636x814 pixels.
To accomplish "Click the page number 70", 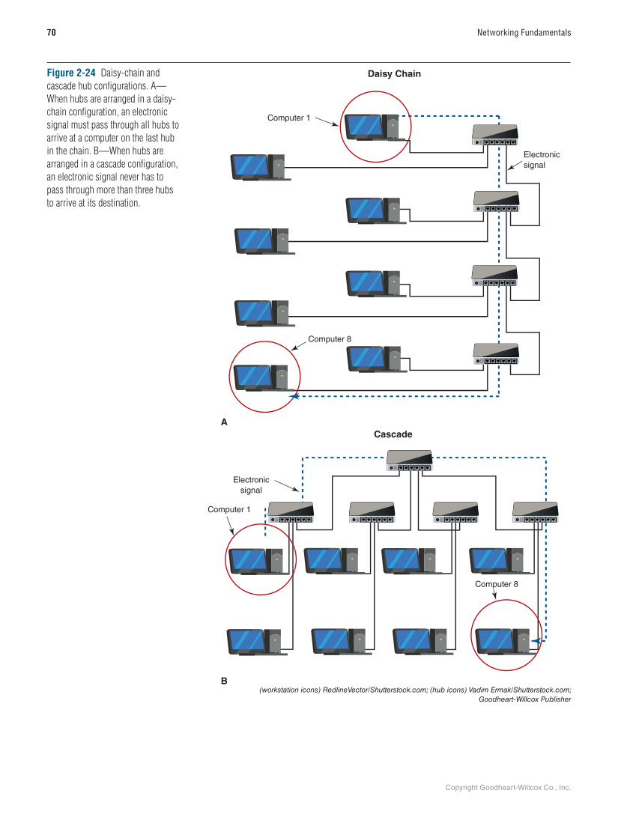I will pyautogui.click(x=51, y=33).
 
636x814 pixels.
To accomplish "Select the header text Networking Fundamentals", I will pyautogui.click(x=524, y=33).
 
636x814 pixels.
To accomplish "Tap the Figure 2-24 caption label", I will pyautogui.click(x=71, y=73).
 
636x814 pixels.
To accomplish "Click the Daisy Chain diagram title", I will pyautogui.click(x=394, y=74).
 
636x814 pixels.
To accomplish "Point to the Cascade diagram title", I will pyautogui.click(x=393, y=434).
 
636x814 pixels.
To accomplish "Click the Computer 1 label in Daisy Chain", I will pyautogui.click(x=288, y=118).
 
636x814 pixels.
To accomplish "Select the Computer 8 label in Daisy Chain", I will pyautogui.click(x=330, y=339).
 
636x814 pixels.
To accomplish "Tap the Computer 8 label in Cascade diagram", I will pyautogui.click(x=496, y=584).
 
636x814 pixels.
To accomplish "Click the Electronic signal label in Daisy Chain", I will pyautogui.click(x=541, y=160).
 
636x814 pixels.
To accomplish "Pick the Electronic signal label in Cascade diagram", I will pyautogui.click(x=251, y=485).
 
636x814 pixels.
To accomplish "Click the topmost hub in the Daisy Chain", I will pyautogui.click(x=495, y=135).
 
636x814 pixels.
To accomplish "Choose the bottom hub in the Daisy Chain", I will pyautogui.click(x=496, y=353).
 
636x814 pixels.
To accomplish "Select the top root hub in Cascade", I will pyautogui.click(x=410, y=461).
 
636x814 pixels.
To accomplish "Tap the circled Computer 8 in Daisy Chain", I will pyautogui.click(x=263, y=377).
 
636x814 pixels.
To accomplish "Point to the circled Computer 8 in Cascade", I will pyautogui.click(x=505, y=641).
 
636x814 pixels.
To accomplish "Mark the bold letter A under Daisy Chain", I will pyautogui.click(x=223, y=422).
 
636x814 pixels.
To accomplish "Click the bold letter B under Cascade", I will pyautogui.click(x=223, y=682).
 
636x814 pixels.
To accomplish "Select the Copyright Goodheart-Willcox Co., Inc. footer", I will pyautogui.click(x=508, y=787).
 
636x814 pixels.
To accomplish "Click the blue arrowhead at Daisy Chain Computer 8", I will pyautogui.click(x=296, y=395).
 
